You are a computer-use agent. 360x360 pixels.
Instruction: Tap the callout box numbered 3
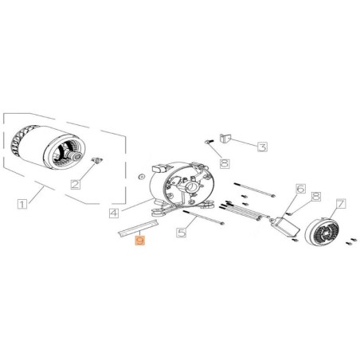point(260,146)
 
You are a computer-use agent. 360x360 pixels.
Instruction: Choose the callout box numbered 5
point(181,232)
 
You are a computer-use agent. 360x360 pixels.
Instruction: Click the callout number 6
point(300,189)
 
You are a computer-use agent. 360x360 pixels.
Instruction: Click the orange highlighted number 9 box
point(140,239)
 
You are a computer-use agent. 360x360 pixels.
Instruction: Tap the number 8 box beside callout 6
point(315,197)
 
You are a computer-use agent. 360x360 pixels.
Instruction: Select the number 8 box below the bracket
point(224,163)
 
